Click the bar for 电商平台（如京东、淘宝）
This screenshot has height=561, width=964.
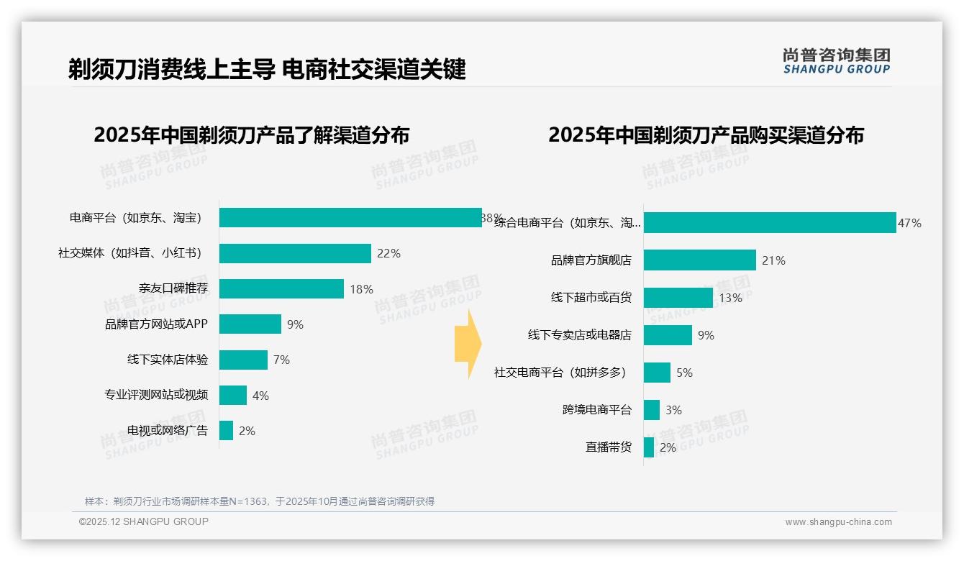pos(350,217)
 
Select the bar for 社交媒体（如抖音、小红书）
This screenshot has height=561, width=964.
pos(295,253)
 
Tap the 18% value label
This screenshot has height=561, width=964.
pos(361,289)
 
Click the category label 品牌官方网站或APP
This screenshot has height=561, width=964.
pos(156,324)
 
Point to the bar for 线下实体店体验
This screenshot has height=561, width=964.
pos(243,360)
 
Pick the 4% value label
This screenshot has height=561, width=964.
pos(260,396)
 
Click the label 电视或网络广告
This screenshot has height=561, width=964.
pos(167,431)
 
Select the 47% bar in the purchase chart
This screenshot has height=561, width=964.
pos(769,223)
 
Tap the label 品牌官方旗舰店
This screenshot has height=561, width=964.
pos(591,260)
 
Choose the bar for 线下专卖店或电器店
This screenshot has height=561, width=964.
pos(668,335)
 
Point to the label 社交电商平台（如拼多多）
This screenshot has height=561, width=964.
pos(560,373)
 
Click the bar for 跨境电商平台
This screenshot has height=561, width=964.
pos(652,410)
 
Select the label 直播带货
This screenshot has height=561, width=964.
pos(608,447)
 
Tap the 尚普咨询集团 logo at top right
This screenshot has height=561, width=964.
pos(836,60)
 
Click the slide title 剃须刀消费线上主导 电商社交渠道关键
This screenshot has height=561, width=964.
pos(267,69)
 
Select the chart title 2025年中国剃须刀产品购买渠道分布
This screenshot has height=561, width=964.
pos(706,134)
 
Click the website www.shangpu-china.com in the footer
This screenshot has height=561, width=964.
pos(838,522)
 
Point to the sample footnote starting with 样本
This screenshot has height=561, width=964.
pos(259,501)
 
